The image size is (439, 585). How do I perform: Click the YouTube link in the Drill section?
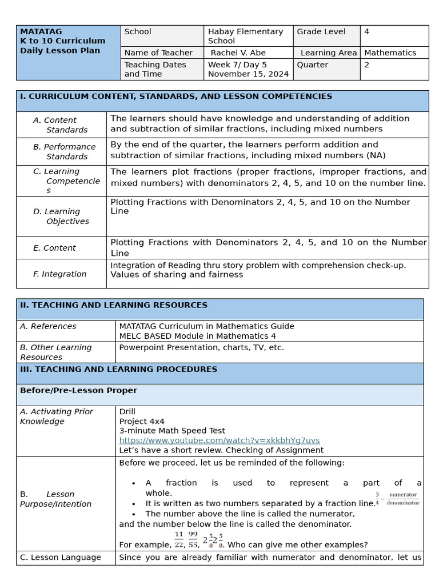(x=219, y=440)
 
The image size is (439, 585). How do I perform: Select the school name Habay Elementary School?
(x=245, y=36)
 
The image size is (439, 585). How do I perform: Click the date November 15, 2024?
(x=248, y=74)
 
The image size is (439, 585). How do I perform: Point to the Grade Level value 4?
(x=366, y=32)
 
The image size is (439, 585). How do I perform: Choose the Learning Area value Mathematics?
(x=390, y=53)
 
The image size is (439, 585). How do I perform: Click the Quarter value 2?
(x=366, y=65)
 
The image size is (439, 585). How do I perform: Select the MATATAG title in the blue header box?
(x=41, y=31)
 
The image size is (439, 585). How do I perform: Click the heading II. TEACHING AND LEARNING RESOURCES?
(x=114, y=306)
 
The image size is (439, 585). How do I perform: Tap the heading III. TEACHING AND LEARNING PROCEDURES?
(x=118, y=370)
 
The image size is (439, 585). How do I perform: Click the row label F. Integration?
(x=59, y=274)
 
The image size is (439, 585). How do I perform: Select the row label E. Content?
(x=54, y=248)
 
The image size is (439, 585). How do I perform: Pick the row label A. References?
(x=48, y=326)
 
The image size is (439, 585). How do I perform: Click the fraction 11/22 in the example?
(x=179, y=539)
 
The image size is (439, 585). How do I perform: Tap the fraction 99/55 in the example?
(x=193, y=539)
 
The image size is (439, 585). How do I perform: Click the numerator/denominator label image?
(x=403, y=499)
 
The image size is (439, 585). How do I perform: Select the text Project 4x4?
(x=141, y=421)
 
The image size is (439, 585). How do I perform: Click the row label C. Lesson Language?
(x=60, y=558)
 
